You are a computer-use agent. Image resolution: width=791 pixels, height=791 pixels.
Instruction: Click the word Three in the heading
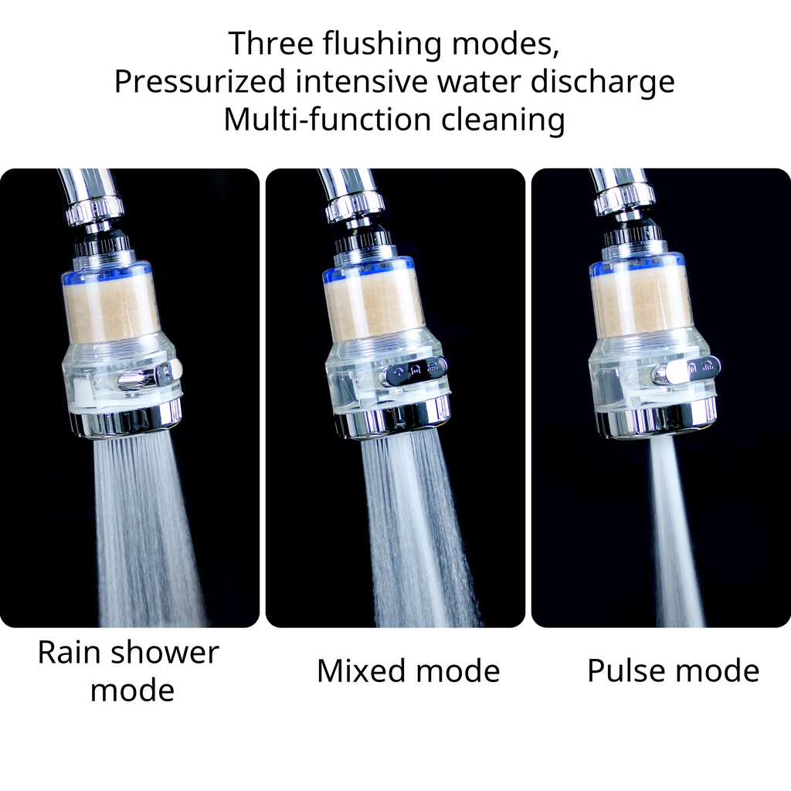coord(271,43)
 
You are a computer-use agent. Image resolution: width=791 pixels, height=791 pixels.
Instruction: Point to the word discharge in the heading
coord(603,82)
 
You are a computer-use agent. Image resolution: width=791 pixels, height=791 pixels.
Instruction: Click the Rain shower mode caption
coord(129,670)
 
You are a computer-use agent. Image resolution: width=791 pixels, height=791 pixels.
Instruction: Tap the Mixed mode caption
coord(408,670)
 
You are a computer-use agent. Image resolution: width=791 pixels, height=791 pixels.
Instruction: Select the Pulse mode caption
coord(673,670)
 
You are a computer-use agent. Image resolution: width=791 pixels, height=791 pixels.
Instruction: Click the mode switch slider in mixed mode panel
coord(416,371)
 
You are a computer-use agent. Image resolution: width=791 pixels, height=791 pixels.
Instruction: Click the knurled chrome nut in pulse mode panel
coord(623,200)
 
